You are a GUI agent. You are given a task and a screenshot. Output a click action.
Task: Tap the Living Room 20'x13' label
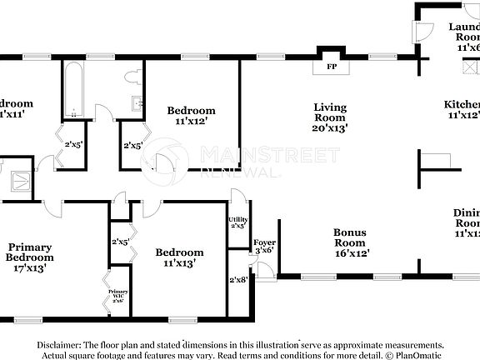click(x=330, y=117)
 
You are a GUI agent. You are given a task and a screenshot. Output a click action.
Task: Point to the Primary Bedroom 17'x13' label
click(x=31, y=257)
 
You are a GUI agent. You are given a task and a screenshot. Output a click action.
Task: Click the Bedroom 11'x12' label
click(x=191, y=116)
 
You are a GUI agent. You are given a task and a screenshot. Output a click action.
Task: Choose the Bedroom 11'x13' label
click(x=179, y=257)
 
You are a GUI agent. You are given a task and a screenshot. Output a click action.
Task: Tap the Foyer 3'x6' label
click(x=264, y=246)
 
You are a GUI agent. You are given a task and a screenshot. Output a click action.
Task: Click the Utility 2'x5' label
click(x=237, y=222)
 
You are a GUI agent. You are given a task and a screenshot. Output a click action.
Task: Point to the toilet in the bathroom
click(x=132, y=77)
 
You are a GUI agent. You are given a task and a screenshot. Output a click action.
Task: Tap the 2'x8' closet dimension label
click(x=237, y=280)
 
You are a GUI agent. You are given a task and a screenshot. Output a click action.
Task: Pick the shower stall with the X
click(x=18, y=180)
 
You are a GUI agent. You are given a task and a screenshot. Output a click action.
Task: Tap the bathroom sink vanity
click(x=137, y=104)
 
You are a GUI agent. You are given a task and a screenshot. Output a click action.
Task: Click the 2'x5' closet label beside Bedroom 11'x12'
click(x=132, y=145)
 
